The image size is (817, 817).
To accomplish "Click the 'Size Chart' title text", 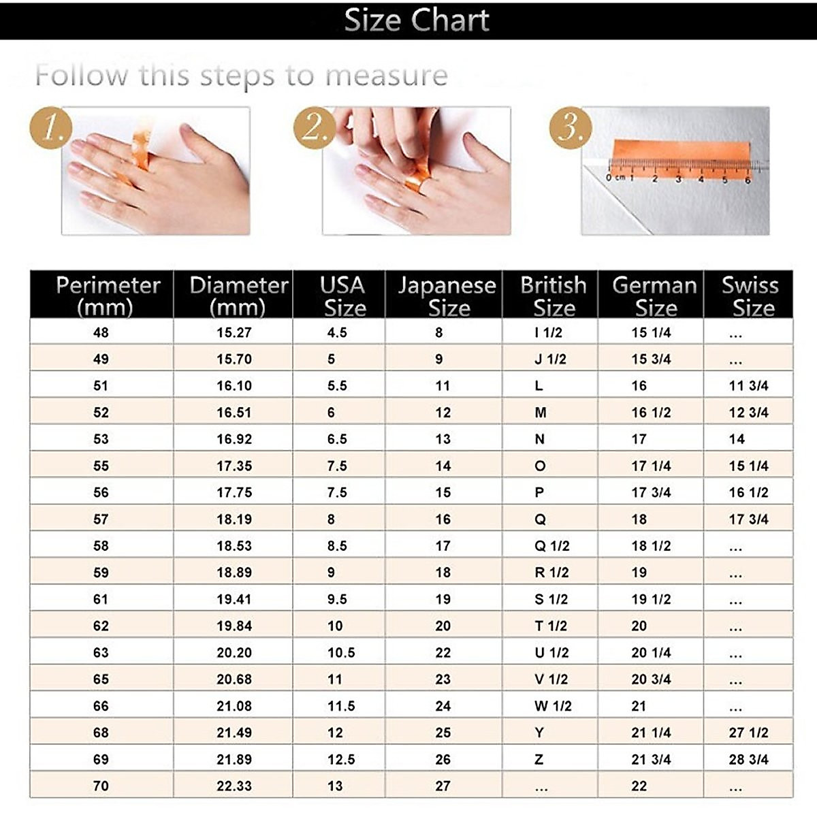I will point(416,20).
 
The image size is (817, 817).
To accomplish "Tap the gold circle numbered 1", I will point(52,127).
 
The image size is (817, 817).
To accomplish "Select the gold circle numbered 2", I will point(315,127).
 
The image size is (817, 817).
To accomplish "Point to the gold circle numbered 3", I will point(571,127).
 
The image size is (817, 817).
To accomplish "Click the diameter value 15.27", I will point(234,332).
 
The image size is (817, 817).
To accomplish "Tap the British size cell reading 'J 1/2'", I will point(550,359).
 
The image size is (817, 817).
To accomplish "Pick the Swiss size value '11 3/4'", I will point(748,385).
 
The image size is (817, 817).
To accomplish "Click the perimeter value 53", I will point(101,439).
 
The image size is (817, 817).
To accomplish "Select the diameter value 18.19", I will point(234,519).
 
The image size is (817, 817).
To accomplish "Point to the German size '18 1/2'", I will point(651,545).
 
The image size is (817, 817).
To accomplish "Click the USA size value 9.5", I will point(337,599).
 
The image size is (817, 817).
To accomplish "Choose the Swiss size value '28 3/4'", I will point(748,759).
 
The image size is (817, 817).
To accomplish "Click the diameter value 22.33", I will point(234,786).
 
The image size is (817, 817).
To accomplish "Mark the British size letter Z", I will point(539,759).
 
